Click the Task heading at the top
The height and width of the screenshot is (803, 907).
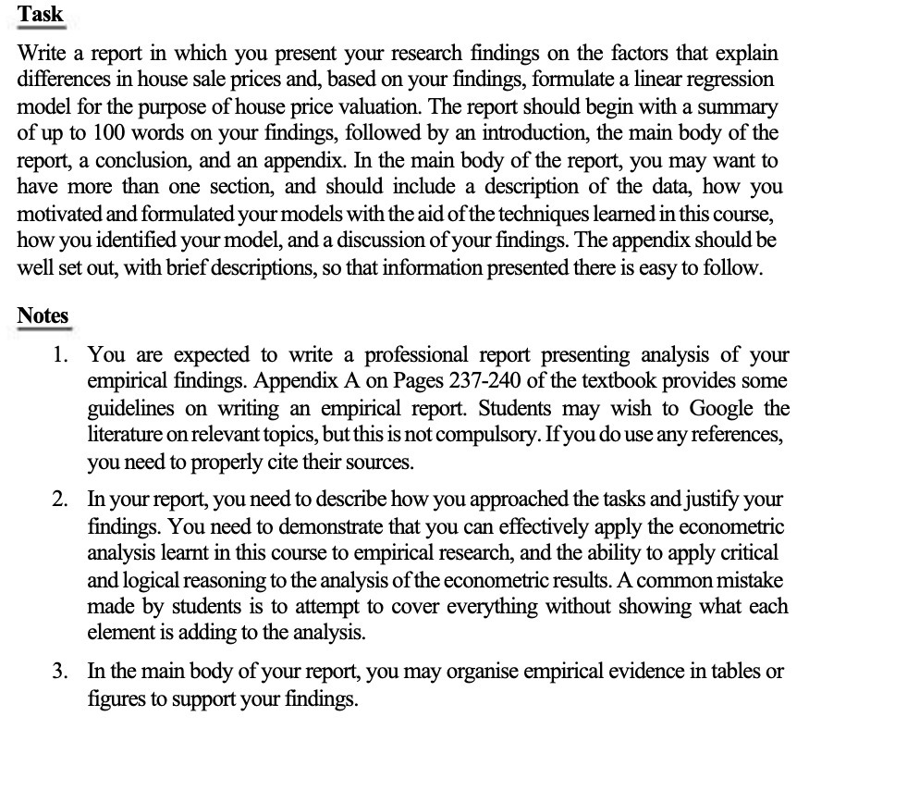pyautogui.click(x=41, y=14)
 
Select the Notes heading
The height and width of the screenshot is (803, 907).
pyautogui.click(x=43, y=315)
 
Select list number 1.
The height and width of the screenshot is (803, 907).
pyautogui.click(x=59, y=355)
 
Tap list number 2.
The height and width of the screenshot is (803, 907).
pyautogui.click(x=59, y=500)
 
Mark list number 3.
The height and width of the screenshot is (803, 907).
pyautogui.click(x=59, y=672)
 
